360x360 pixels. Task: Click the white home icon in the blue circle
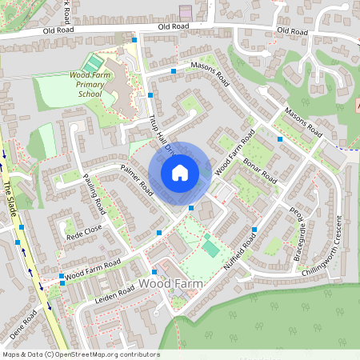(180, 172)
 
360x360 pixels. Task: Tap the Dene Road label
(23, 324)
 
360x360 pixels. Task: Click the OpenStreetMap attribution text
(80, 354)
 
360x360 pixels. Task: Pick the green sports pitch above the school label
(94, 62)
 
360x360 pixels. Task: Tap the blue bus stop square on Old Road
(134, 39)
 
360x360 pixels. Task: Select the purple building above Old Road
(186, 13)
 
